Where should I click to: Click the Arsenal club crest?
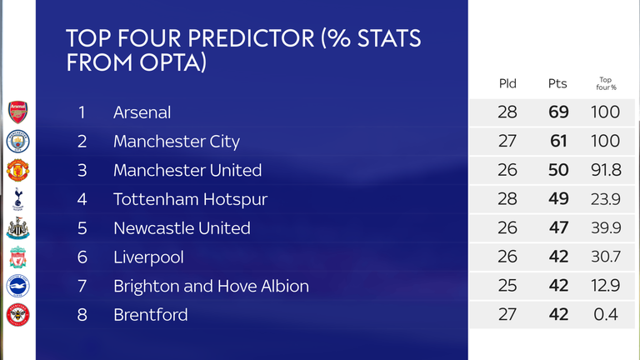(x=18, y=112)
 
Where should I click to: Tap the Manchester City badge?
(x=18, y=141)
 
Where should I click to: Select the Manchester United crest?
(x=18, y=170)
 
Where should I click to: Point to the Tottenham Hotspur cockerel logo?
(x=18, y=199)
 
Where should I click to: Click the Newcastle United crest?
(x=18, y=228)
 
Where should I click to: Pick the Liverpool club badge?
(x=18, y=257)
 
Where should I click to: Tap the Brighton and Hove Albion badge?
(x=18, y=286)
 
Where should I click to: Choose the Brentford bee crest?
(x=18, y=315)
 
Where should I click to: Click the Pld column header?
(x=507, y=83)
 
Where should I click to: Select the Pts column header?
(x=557, y=83)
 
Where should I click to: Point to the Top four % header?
(x=606, y=83)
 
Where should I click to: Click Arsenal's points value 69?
(x=558, y=112)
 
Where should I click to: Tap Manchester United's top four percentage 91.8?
(x=606, y=170)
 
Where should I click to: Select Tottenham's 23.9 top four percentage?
(x=606, y=199)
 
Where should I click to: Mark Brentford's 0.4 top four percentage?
(x=606, y=315)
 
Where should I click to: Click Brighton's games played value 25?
(x=507, y=286)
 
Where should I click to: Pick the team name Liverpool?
(x=148, y=257)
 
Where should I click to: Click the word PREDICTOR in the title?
(x=251, y=38)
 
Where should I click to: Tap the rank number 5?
(x=82, y=228)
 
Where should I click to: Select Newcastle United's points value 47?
(x=558, y=227)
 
